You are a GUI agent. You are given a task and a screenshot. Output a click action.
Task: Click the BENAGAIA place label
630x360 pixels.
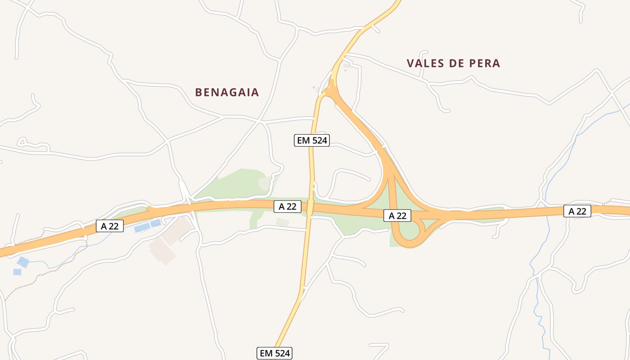(227, 92)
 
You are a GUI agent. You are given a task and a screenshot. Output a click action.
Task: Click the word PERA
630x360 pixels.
(484, 63)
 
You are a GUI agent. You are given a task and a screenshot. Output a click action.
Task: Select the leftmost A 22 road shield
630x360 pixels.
(110, 226)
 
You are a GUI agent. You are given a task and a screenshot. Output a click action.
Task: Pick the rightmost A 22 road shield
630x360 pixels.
(577, 211)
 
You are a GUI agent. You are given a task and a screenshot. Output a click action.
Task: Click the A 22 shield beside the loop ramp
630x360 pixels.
(397, 216)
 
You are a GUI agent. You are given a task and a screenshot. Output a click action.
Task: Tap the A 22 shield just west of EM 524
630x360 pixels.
(288, 207)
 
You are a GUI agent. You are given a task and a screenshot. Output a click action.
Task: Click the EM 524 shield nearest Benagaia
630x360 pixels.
(312, 140)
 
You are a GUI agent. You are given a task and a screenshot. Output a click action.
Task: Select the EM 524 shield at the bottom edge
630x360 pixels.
(274, 353)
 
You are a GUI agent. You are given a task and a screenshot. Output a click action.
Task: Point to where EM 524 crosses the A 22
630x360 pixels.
(310, 207)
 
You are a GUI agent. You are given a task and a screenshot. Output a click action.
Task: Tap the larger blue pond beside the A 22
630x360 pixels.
(142, 228)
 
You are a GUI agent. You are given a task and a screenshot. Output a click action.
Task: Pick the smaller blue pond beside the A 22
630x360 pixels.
(156, 223)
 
